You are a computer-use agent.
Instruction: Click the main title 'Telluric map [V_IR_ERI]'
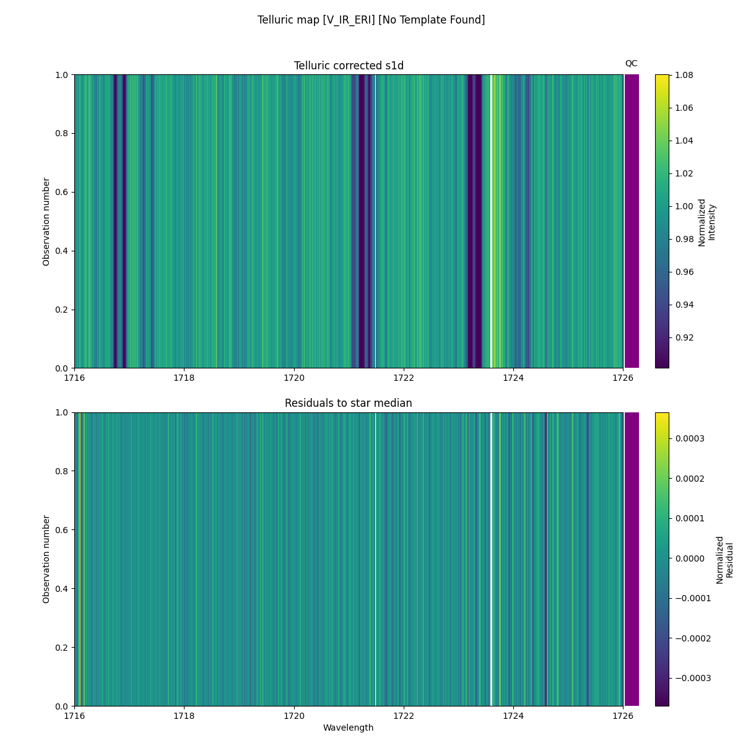pos(371,20)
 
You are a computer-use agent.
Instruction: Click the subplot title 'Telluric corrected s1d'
pos(349,66)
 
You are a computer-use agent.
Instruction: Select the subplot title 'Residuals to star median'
pos(349,403)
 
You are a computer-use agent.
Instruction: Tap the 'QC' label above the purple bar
pos(631,63)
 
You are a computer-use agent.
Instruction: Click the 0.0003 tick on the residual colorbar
pos(690,438)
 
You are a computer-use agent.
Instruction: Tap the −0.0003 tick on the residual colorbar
pos(689,678)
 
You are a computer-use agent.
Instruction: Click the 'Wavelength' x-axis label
pos(349,728)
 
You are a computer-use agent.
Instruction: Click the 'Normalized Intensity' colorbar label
pos(706,222)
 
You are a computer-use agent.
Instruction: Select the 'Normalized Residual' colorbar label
pos(724,559)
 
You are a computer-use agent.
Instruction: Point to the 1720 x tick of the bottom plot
pos(294,716)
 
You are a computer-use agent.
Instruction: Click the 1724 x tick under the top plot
pos(513,378)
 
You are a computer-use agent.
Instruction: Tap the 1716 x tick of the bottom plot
pos(75,716)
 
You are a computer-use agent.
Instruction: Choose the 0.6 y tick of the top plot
pos(62,193)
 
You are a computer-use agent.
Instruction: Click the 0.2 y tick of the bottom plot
pos(62,648)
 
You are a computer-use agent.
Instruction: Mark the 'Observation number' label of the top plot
pos(46,222)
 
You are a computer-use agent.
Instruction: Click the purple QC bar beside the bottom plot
pos(632,559)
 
